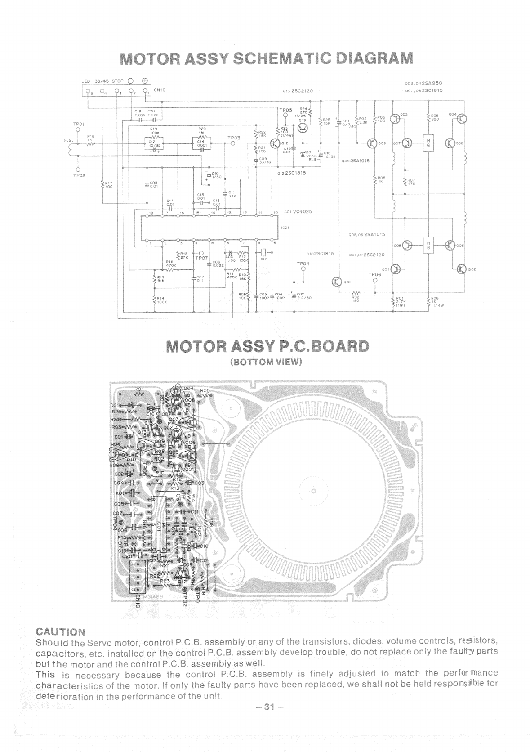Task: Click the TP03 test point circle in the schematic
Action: click(233, 144)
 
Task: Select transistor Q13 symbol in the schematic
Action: click(304, 128)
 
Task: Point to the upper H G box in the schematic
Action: click(428, 143)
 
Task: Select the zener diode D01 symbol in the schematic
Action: click(303, 153)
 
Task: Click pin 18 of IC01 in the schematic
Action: click(151, 212)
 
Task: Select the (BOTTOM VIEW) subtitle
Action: click(265, 363)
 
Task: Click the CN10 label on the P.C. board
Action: click(138, 600)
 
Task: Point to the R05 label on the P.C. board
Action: click(205, 390)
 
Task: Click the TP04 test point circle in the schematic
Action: click(303, 270)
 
